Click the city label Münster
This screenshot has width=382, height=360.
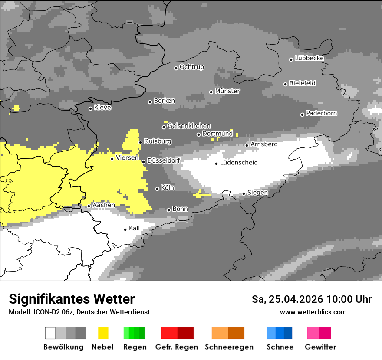tap(227, 91)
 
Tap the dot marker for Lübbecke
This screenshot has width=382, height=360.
tap(291, 59)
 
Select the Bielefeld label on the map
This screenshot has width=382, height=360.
tap(302, 83)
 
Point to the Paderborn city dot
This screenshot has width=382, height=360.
tap(303, 115)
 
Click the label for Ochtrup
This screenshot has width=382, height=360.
tap(192, 67)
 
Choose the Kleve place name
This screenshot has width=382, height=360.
tap(102, 108)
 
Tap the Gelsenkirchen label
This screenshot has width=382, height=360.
tap(189, 126)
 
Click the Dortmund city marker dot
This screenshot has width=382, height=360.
tap(199, 134)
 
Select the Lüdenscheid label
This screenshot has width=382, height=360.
tap(239, 163)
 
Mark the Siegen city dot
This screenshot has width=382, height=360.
tap(244, 194)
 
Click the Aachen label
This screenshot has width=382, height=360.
tap(104, 205)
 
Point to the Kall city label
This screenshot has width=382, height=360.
tap(134, 228)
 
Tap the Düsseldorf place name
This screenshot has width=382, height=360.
tap(164, 160)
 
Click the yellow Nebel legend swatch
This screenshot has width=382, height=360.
tap(103, 333)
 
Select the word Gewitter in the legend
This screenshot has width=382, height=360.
tap(320, 347)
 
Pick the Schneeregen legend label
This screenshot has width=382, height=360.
tap(229, 347)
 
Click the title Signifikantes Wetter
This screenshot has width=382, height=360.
tap(72, 299)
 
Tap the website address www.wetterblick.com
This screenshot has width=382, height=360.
tap(313, 312)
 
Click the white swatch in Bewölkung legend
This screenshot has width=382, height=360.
tap(50, 333)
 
